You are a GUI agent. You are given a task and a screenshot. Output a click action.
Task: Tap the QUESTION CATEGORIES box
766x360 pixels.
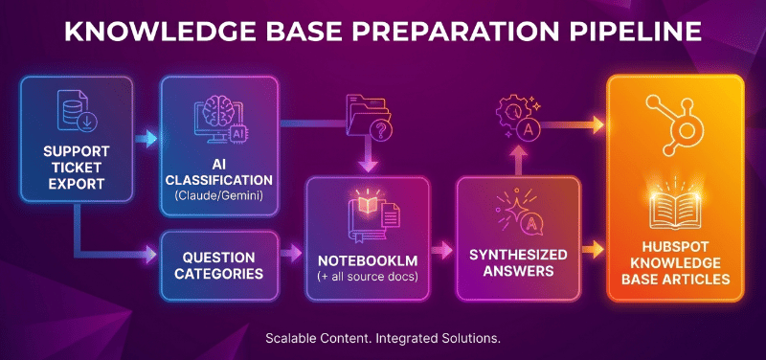click(219, 265)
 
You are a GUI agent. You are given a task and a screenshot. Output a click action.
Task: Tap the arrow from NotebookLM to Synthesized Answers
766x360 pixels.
click(441, 252)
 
